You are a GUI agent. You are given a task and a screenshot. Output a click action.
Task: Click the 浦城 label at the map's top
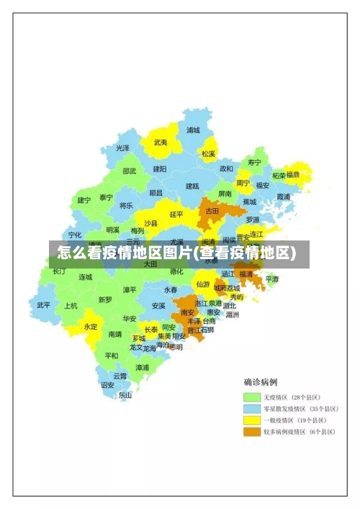(x=193, y=130)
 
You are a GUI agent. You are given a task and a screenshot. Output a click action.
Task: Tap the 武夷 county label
(x=161, y=143)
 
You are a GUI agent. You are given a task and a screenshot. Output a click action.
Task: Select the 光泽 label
(x=123, y=148)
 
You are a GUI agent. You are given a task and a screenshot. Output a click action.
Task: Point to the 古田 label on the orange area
(x=212, y=211)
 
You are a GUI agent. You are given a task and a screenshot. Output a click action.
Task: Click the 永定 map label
(x=91, y=326)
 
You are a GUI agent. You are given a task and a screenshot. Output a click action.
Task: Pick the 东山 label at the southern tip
(x=125, y=395)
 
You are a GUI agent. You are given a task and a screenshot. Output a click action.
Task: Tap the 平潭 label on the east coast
(x=271, y=279)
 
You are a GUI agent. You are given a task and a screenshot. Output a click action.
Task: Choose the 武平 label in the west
(x=44, y=305)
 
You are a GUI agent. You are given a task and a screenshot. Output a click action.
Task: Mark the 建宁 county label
(x=84, y=200)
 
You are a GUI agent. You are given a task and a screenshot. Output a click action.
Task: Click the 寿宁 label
(x=254, y=162)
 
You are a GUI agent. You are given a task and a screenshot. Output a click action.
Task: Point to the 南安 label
(x=188, y=312)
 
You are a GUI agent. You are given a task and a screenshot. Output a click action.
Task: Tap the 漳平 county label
(x=130, y=289)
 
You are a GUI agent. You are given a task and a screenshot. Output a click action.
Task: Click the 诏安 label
(x=107, y=385)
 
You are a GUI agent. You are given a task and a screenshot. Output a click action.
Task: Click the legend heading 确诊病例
(x=261, y=382)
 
